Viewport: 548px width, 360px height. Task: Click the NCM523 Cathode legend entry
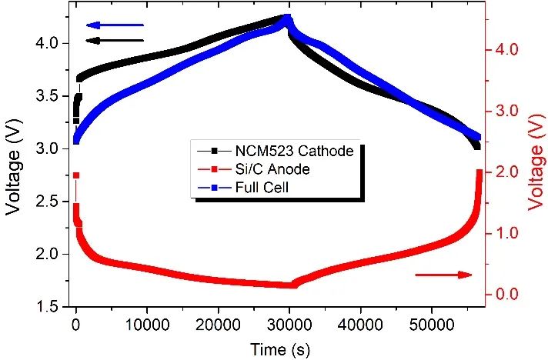pyautogui.click(x=277, y=151)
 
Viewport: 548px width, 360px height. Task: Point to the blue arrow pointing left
pyautogui.click(x=115, y=25)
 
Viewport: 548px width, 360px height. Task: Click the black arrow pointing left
pyautogui.click(x=115, y=40)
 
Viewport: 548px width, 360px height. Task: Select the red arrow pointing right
pyautogui.click(x=443, y=275)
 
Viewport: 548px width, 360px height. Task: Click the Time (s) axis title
pyautogui.click(x=279, y=349)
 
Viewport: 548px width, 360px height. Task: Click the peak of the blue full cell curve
pyautogui.click(x=287, y=18)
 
